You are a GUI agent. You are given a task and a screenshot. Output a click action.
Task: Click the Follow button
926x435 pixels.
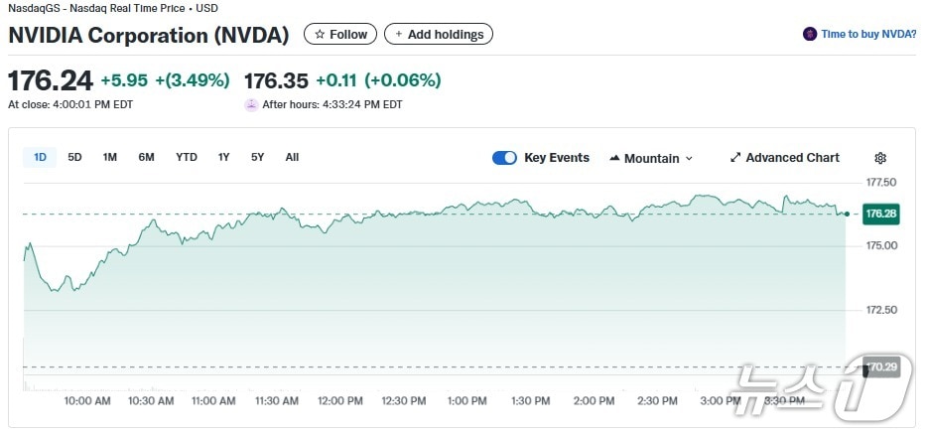point(340,34)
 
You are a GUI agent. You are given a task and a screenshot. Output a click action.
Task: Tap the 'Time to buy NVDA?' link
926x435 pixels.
point(860,34)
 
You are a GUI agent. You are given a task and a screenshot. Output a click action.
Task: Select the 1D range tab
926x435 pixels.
point(41,157)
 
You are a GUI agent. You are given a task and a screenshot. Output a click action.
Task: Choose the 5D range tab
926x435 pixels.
point(75,157)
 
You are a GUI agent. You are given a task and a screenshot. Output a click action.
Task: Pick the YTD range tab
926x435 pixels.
point(187,157)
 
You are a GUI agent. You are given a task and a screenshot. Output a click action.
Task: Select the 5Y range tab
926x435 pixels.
point(257,157)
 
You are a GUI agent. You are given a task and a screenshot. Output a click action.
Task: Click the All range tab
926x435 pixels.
point(292,157)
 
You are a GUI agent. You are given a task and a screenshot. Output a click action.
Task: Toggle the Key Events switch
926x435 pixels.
point(504,158)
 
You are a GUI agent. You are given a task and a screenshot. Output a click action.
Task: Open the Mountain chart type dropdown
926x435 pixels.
point(651,158)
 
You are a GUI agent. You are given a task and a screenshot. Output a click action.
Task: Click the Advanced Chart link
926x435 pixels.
point(784,158)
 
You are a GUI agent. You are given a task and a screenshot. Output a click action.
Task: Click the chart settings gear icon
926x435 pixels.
point(880,158)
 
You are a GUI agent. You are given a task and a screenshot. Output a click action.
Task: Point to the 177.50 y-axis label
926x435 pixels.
point(881,183)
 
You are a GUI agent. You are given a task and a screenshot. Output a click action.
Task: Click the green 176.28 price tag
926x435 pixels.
point(880,214)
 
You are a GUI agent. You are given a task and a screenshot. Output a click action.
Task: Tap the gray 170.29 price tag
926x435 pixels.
point(881,367)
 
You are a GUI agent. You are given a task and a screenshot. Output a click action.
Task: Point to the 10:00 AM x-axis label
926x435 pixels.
point(87,401)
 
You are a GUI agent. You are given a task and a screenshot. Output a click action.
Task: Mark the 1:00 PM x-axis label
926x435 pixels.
point(466,401)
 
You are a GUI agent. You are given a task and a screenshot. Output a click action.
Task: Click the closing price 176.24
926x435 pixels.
point(51,80)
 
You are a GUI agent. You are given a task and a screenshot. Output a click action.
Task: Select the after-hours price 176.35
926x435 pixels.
point(276,80)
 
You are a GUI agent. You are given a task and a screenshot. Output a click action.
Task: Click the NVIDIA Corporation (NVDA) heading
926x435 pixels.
point(149,35)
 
